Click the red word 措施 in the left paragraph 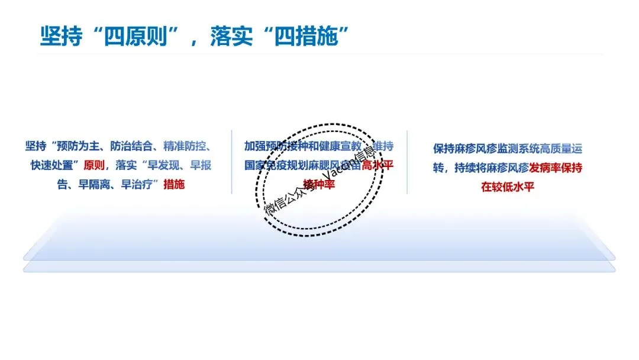coord(174,184)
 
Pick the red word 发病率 coord(534,168)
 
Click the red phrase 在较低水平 coord(508,187)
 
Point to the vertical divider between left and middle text coord(232,162)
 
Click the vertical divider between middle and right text coord(407,162)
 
